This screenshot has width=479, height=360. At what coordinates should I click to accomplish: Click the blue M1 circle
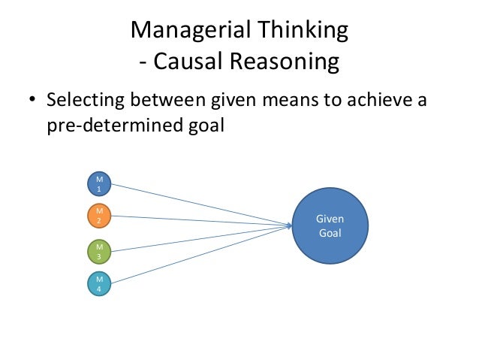pyautogui.click(x=99, y=183)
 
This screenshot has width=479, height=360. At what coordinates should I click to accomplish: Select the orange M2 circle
pyautogui.click(x=99, y=216)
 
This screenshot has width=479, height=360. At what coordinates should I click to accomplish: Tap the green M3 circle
pyautogui.click(x=99, y=250)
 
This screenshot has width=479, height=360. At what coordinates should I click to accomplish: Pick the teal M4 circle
pyautogui.click(x=99, y=284)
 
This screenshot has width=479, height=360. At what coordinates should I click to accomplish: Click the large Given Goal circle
pyautogui.click(x=330, y=225)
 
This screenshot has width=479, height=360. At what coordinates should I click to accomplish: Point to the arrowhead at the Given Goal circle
pyautogui.click(x=290, y=225)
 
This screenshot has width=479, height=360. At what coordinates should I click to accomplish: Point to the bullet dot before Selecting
pyautogui.click(x=32, y=100)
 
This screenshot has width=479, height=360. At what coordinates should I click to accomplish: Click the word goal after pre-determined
pyautogui.click(x=204, y=126)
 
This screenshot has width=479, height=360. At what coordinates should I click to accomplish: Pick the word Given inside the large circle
pyautogui.click(x=330, y=219)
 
